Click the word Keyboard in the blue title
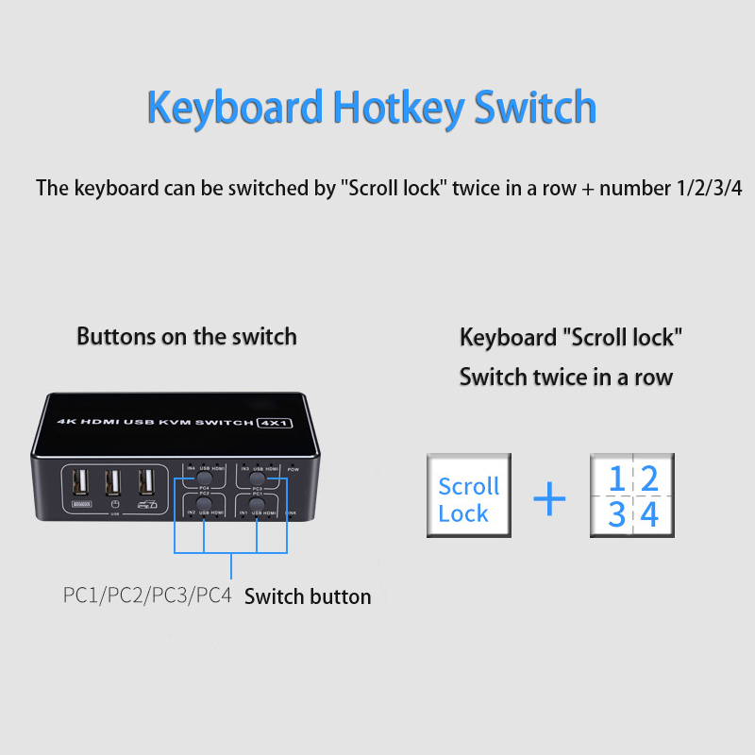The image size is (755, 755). [234, 108]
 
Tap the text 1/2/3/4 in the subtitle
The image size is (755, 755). [709, 187]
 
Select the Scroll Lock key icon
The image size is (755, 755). [469, 496]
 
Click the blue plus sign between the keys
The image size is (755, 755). [549, 498]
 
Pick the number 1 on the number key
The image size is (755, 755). [616, 478]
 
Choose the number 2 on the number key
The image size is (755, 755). [648, 478]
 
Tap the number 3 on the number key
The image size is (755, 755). [616, 514]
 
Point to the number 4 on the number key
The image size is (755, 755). [648, 514]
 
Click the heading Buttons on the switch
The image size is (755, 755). [187, 336]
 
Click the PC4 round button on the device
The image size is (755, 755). [204, 479]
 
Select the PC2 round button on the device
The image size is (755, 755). [204, 504]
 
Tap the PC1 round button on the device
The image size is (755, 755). [258, 504]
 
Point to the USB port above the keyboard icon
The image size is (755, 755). [80, 482]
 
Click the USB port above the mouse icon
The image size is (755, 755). [113, 482]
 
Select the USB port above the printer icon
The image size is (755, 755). [146, 482]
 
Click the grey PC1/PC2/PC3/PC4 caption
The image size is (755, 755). [147, 596]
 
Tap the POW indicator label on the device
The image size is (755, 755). [293, 469]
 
